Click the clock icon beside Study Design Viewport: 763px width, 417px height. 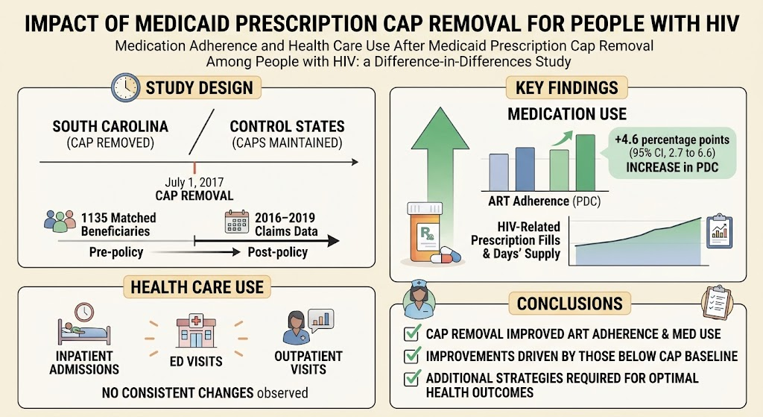(x=125, y=88)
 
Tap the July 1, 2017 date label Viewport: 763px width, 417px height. (x=194, y=182)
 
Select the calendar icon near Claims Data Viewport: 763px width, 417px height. (x=237, y=222)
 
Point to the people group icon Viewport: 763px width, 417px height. (x=60, y=221)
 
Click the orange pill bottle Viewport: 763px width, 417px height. (x=425, y=233)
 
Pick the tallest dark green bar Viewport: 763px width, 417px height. (x=586, y=163)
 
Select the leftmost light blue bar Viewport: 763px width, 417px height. (x=498, y=172)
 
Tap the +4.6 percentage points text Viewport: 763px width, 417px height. (x=672, y=139)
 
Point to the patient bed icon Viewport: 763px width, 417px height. (x=83, y=325)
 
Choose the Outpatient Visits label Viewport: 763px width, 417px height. (x=308, y=363)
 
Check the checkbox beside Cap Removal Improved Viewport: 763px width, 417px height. (x=412, y=333)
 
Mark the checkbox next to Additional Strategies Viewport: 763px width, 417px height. (x=412, y=378)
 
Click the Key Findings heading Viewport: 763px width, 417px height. (x=567, y=88)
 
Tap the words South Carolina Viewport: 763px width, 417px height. (x=110, y=127)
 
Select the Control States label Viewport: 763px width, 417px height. (x=287, y=127)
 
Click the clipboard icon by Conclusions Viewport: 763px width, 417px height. (x=717, y=302)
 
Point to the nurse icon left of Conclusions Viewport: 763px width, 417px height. (x=419, y=298)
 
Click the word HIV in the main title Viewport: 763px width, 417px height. (x=721, y=23)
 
